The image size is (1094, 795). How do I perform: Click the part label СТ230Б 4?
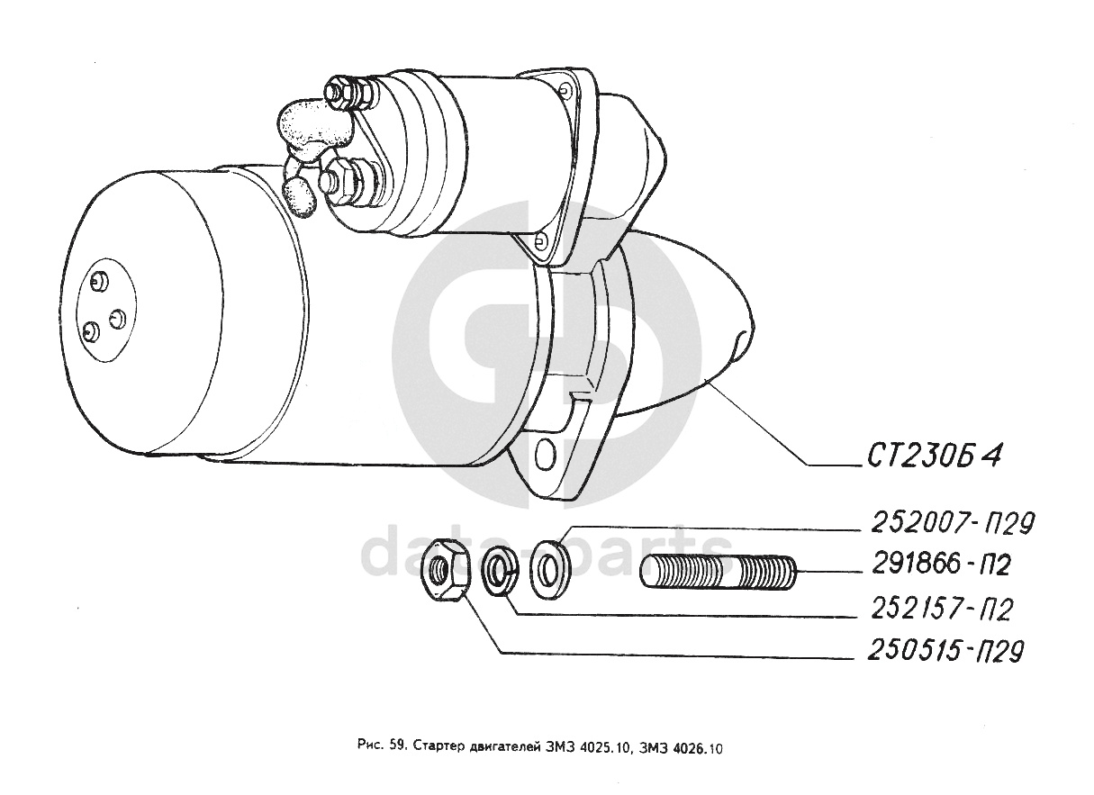tap(935, 456)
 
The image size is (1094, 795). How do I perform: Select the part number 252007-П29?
tap(953, 524)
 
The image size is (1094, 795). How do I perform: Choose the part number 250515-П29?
tap(945, 650)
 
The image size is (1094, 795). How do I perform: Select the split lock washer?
tap(500, 571)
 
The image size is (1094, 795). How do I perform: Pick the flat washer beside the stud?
tap(550, 567)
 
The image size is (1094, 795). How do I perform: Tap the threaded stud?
tap(718, 572)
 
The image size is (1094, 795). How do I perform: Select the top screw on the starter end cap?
tap(99, 283)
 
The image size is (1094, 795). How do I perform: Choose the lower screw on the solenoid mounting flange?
tap(540, 240)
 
